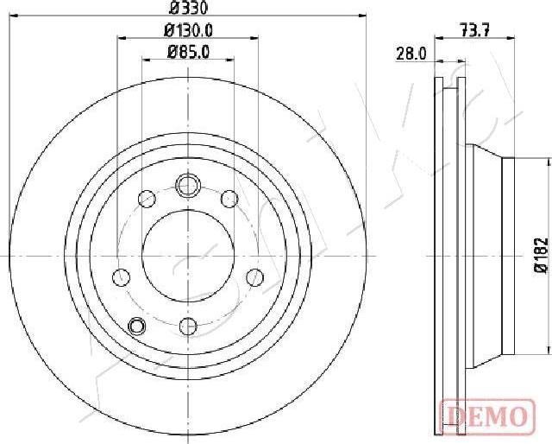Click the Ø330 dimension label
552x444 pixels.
[x=188, y=8]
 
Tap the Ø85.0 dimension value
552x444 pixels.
[x=188, y=51]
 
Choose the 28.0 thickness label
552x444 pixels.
[x=412, y=53]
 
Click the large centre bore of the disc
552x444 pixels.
[x=188, y=257]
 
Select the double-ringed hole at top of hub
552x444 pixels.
[x=188, y=185]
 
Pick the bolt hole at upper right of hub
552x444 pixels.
[x=229, y=199]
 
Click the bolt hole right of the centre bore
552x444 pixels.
[x=255, y=277]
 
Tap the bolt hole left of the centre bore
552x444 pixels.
[x=122, y=277]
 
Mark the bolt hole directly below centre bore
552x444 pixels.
[x=188, y=327]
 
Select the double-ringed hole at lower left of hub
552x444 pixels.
[x=135, y=326]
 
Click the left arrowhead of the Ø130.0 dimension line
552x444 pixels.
[x=120, y=38]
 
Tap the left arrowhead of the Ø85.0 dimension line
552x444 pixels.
[x=146, y=59]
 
